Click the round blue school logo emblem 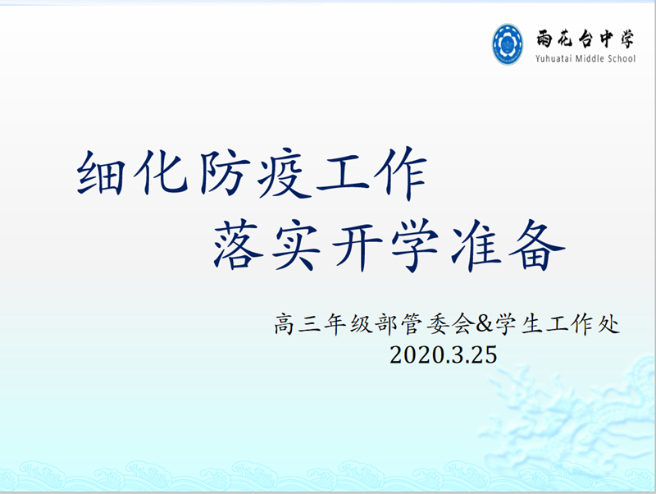click(508, 44)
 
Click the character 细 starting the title click(100, 173)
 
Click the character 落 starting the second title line click(238, 244)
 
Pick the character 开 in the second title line click(357, 245)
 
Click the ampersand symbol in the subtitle click(485, 323)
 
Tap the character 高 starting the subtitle click(285, 324)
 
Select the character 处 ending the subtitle click(608, 324)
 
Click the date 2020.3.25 click(444, 355)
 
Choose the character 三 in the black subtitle click(310, 324)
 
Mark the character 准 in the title click(476, 245)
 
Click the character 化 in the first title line click(160, 172)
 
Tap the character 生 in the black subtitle click(531, 324)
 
